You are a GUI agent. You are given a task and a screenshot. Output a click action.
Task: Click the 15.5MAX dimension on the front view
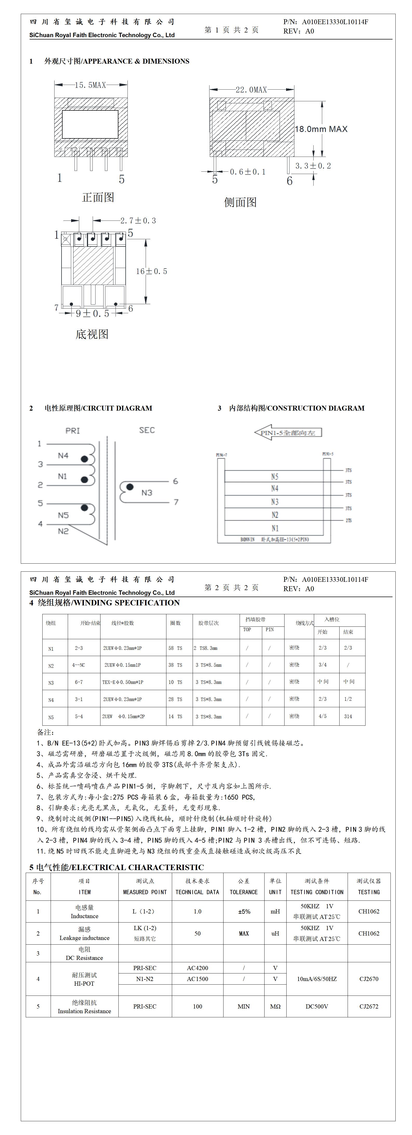[90, 85]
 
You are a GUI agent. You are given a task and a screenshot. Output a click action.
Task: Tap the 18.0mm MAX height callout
[321, 129]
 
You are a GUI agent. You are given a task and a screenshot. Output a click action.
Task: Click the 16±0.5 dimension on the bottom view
[151, 271]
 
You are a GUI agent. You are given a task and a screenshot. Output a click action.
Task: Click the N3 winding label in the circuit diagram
[147, 493]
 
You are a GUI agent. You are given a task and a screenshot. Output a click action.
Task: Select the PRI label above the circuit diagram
[73, 430]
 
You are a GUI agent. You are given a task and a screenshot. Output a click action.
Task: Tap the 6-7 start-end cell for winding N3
[79, 682]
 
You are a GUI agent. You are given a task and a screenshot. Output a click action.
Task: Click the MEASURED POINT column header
[145, 892]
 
